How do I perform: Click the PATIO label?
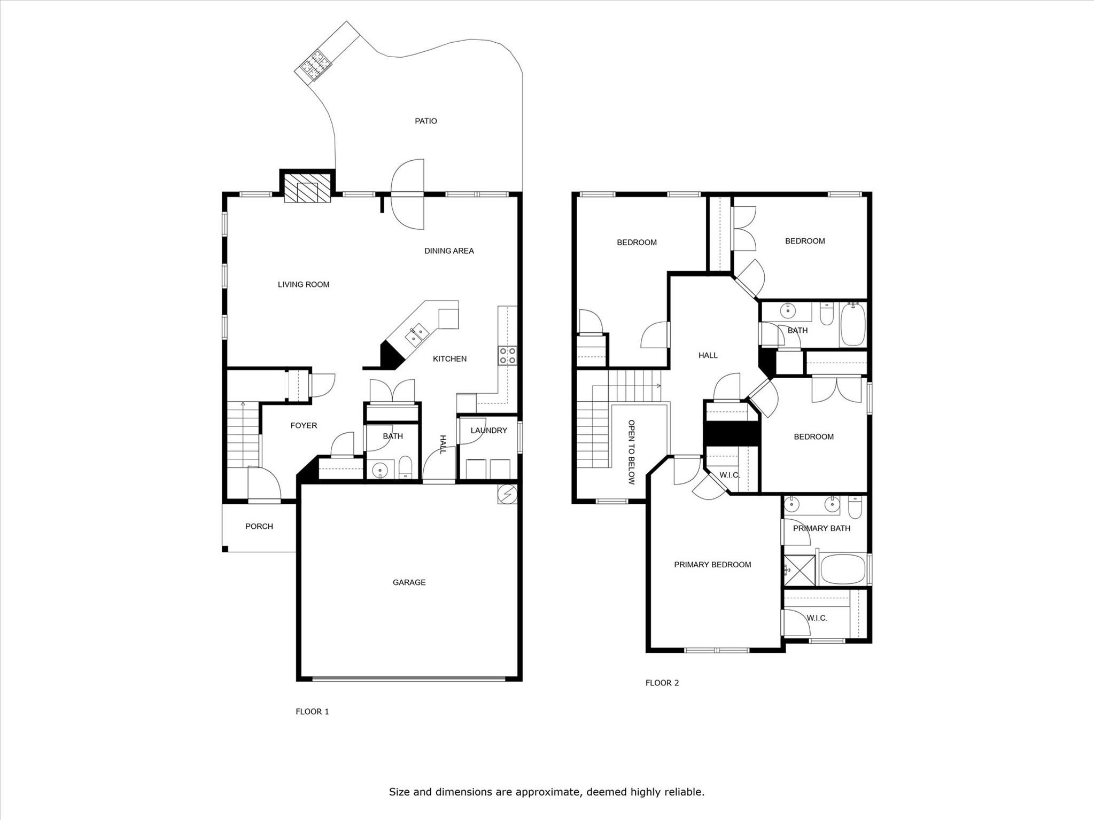coord(426,121)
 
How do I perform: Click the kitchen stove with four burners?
coord(507,356)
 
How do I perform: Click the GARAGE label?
coord(409,582)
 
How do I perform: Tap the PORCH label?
coord(259,526)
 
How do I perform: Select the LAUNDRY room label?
coord(488,431)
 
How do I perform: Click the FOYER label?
coord(304,426)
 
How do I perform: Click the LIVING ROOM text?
coord(304,285)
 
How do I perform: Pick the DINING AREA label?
coord(449,251)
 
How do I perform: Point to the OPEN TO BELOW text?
coord(632,452)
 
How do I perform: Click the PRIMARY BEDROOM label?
coord(712,565)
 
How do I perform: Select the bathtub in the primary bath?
coord(842,569)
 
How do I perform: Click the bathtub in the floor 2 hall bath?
coord(853,324)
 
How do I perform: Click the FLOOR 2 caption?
coord(662,683)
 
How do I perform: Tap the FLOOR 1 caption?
coord(313,712)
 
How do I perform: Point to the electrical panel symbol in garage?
coord(508,495)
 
